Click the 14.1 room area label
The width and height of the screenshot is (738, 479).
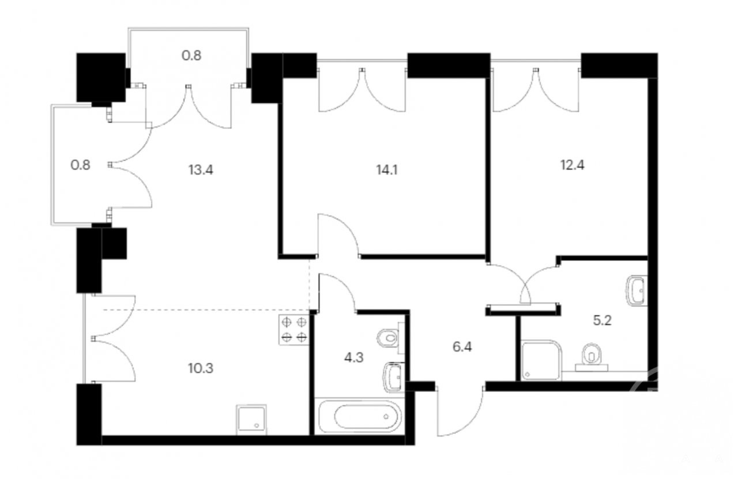(387, 170)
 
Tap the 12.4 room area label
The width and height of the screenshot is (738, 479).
(573, 165)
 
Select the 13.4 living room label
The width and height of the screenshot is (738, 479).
(201, 170)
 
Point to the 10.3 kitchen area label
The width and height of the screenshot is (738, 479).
(201, 368)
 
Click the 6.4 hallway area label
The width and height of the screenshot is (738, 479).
(462, 347)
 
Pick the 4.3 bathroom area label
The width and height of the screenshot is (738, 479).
(353, 357)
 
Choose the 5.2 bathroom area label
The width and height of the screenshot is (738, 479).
(603, 320)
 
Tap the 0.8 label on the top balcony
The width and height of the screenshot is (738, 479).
(191, 55)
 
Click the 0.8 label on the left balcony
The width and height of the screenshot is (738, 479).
(80, 165)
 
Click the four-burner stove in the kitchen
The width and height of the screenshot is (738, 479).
(294, 330)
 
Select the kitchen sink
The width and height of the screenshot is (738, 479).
(251, 420)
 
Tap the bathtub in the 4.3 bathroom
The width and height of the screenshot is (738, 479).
(360, 416)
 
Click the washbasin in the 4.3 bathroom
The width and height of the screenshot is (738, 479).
(394, 378)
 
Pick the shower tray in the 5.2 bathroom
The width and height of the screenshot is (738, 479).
(541, 360)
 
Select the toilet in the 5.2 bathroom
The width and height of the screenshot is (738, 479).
(592, 357)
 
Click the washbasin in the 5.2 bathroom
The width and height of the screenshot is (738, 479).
(637, 290)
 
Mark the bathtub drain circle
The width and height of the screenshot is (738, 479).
(386, 416)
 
